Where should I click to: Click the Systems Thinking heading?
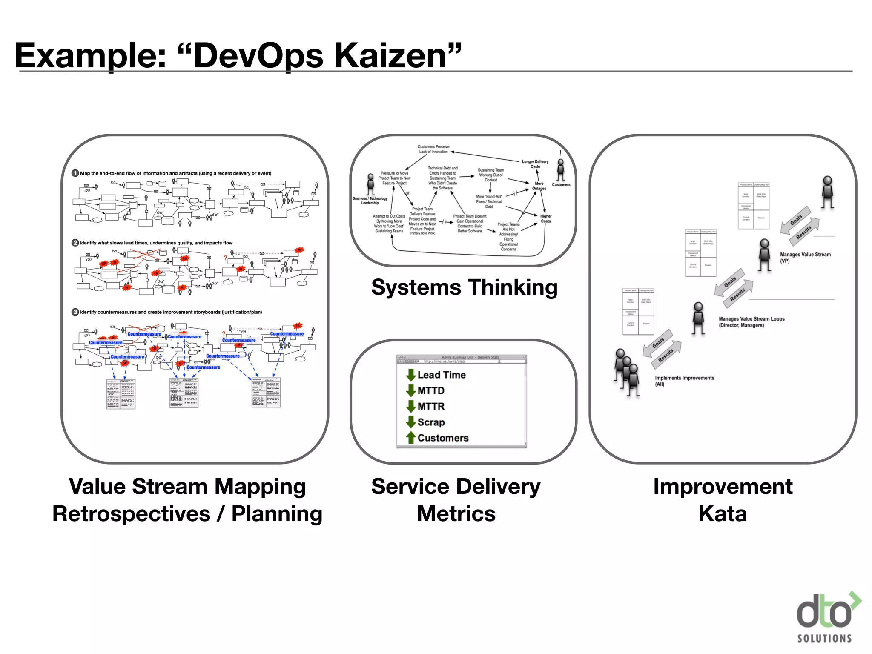[x=464, y=287]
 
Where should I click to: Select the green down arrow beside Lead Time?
[x=411, y=375]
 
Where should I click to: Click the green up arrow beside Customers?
[x=411, y=438]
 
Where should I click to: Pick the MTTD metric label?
[x=431, y=391]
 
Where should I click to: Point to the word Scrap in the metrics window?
[x=431, y=422]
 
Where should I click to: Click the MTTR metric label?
[x=431, y=407]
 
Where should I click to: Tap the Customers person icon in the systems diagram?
[x=561, y=169]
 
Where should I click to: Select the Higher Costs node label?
[x=546, y=219]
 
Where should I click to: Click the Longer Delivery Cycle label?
[x=535, y=164]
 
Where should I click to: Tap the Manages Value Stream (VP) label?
[x=805, y=258]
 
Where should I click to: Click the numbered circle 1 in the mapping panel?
[x=75, y=173]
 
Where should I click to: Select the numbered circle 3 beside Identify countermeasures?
[x=75, y=312]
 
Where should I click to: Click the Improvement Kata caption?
[x=723, y=500]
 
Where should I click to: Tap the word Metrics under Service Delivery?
[x=456, y=514]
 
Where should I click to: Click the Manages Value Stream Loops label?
[x=751, y=322]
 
